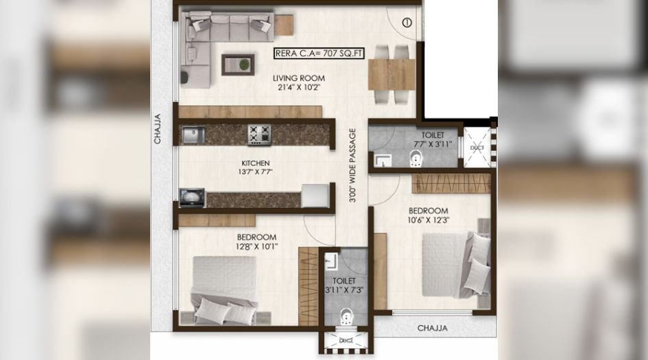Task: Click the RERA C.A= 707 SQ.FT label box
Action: point(319,53)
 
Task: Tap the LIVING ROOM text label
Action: point(299,77)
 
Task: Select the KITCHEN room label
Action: point(256,163)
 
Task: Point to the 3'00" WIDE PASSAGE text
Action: point(352,165)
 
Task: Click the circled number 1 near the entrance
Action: point(407,23)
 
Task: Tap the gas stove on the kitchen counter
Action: point(259,134)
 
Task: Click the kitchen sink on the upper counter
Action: point(193,134)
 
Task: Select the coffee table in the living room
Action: point(238,64)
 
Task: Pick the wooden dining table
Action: point(392,74)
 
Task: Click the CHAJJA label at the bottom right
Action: point(432,328)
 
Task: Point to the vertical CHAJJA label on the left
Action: point(158,129)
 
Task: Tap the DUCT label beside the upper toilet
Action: point(477,147)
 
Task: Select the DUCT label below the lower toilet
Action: point(346,341)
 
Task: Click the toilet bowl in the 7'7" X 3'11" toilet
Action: point(415,159)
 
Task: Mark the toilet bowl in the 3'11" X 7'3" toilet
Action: point(346,317)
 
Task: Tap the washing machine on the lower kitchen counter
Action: point(192,197)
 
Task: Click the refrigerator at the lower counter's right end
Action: point(315,195)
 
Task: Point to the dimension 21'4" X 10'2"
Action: point(299,87)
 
